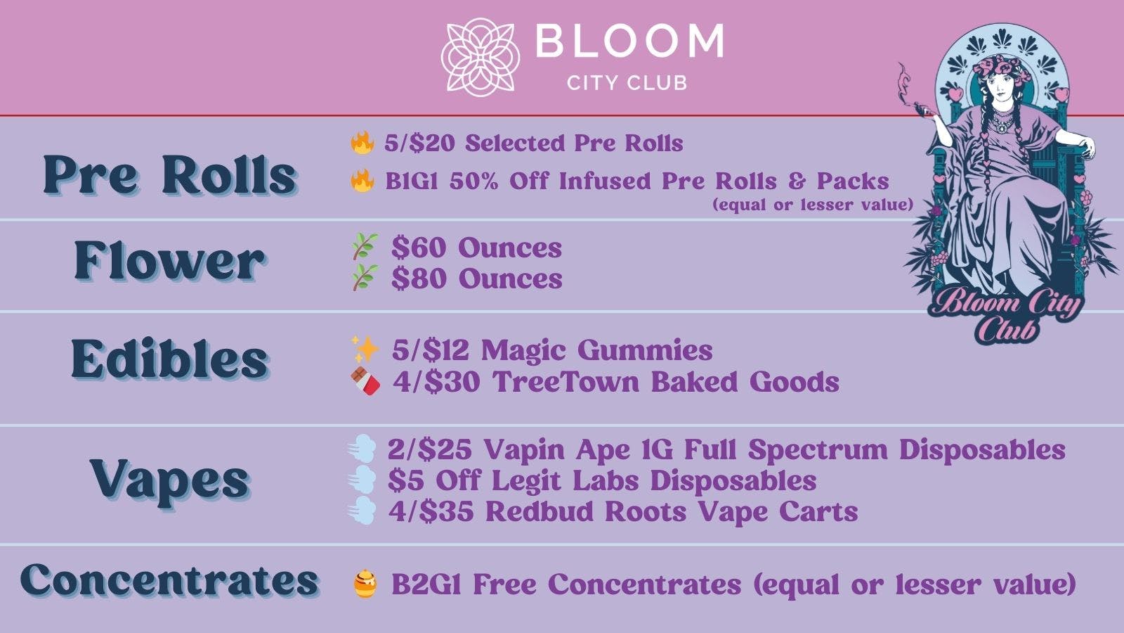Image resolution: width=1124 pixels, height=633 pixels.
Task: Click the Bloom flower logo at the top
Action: coord(480,56)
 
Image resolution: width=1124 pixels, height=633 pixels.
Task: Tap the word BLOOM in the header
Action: coord(629,41)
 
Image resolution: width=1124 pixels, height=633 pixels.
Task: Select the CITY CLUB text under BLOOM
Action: coord(627,83)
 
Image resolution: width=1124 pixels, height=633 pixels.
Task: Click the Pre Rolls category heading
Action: coord(169,174)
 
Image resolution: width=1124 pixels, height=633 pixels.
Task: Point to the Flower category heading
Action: coord(169,261)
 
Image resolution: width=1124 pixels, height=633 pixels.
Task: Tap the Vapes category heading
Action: coord(169,480)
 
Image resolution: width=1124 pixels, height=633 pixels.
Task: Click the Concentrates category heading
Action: coord(169,581)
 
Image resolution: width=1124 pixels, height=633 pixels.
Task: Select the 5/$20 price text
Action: coord(419,143)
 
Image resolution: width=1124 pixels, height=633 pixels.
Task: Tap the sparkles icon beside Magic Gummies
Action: coord(365,349)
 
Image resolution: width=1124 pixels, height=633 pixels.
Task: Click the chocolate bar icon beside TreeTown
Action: coord(365,381)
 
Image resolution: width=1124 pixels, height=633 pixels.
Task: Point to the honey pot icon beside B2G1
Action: coord(365,584)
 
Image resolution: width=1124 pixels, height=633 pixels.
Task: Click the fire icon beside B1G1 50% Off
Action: coord(362,181)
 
